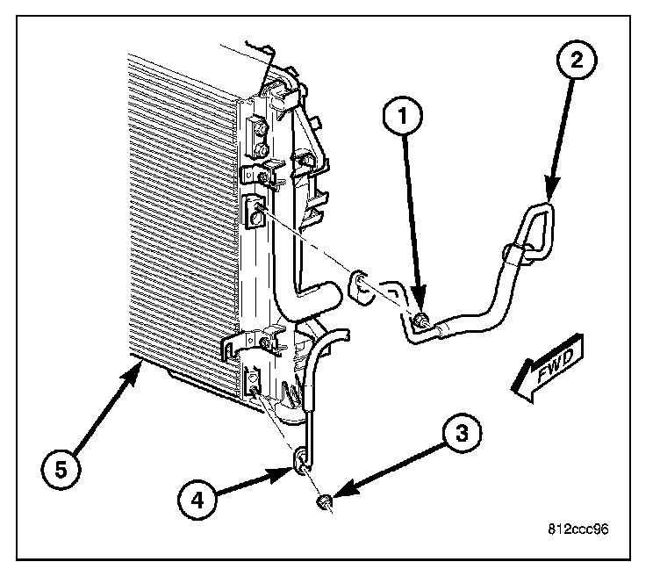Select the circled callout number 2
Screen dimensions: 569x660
tap(575, 61)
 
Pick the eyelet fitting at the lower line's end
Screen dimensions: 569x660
tap(301, 458)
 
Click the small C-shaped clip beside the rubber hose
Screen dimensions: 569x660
tap(360, 286)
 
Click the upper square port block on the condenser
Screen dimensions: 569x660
tap(255, 212)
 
